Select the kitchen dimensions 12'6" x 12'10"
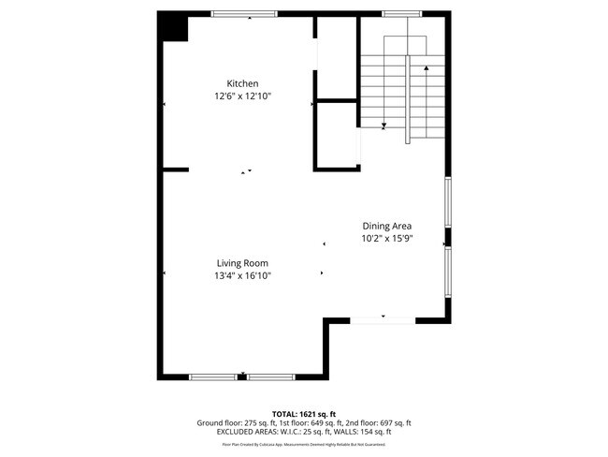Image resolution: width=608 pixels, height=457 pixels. pos(242,96)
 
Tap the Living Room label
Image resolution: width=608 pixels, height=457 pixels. pos(242,263)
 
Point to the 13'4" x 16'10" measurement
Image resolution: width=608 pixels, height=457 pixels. pos(242,276)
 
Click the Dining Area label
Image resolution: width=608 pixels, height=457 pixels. pos(387,226)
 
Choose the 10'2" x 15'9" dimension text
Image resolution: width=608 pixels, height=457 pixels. pos(387,239)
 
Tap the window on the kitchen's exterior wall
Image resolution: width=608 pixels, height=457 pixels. pos(243,13)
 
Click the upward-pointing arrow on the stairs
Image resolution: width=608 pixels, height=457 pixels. pos(427,68)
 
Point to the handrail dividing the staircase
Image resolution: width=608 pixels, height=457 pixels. pos(407,98)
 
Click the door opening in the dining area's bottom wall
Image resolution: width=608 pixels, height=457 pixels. pos(383,320)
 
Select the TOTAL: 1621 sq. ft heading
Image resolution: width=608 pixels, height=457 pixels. pos(303,413)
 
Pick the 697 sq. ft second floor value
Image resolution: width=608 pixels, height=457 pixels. pos(385,422)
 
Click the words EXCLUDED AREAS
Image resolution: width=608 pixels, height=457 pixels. pos(245,432)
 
